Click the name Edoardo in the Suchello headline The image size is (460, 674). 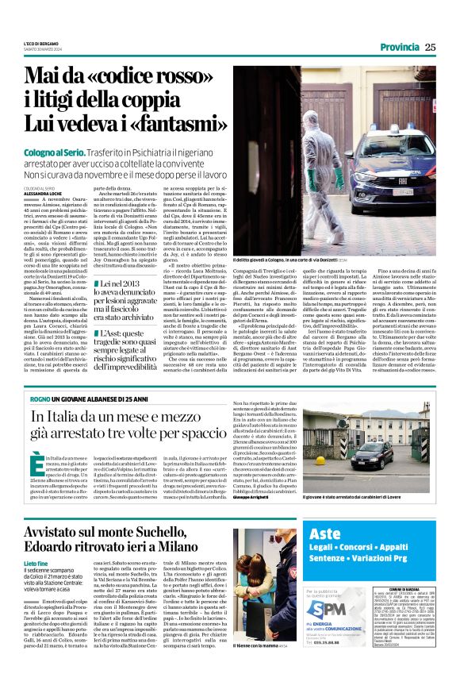[58, 549]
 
